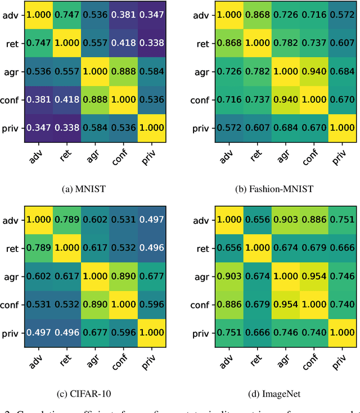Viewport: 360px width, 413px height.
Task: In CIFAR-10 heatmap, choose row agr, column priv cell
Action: (152, 276)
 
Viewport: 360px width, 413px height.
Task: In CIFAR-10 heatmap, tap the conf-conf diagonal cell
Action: (123, 305)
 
